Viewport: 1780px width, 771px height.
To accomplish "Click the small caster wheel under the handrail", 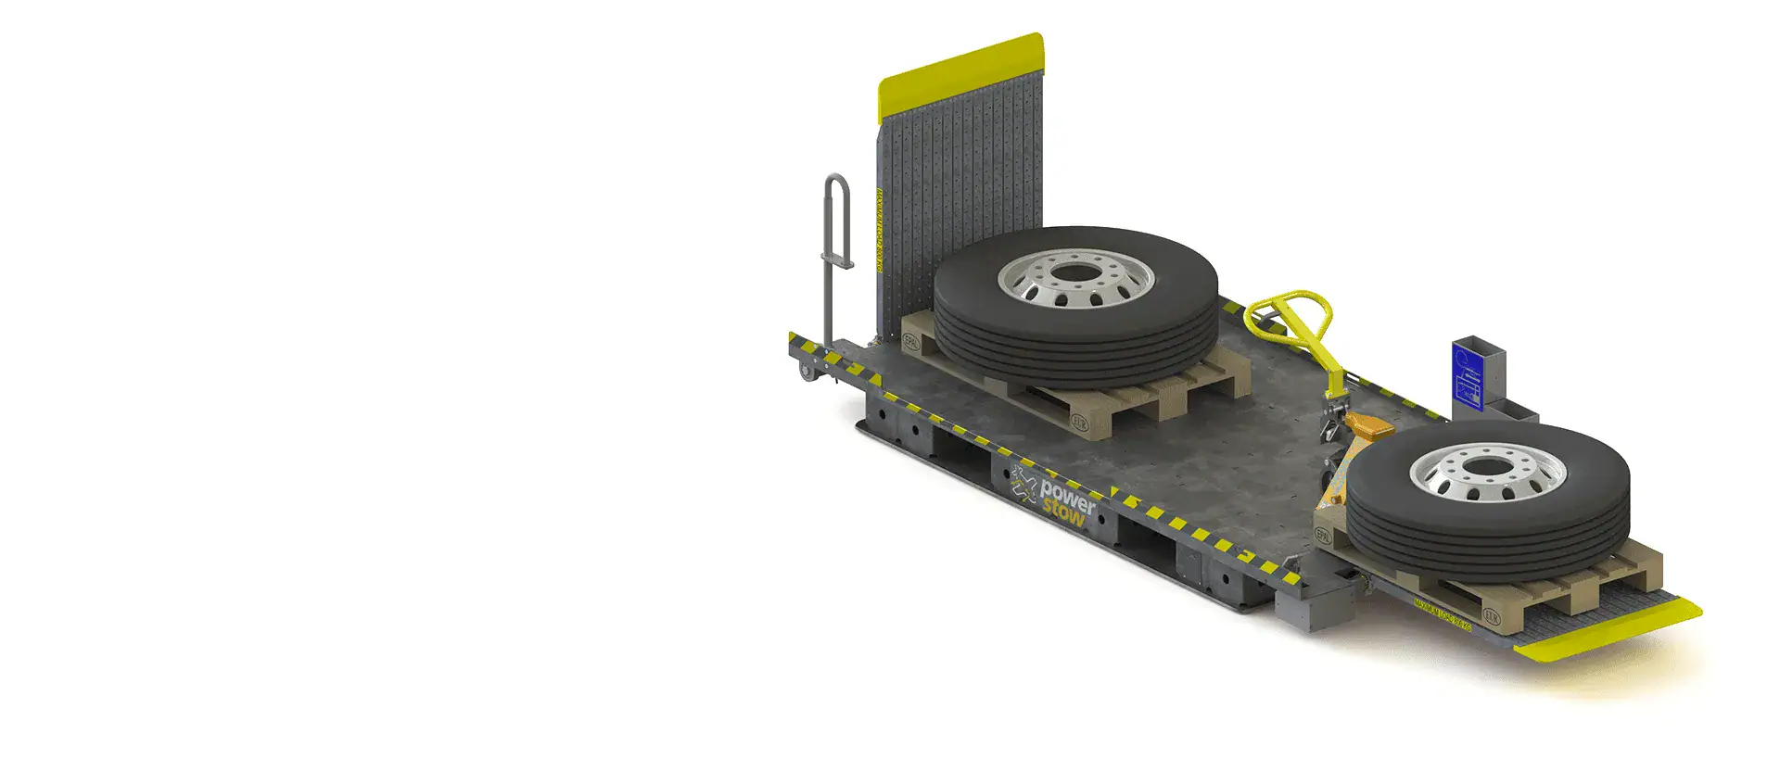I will click(806, 373).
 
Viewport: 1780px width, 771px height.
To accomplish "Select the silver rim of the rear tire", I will click(1075, 278).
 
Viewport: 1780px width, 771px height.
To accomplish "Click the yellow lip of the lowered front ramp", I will click(1608, 634).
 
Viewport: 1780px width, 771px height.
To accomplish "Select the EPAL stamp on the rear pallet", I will click(912, 341).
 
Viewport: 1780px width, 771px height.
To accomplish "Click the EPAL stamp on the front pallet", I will click(1324, 536).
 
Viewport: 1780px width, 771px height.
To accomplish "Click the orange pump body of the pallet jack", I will click(1368, 427).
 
